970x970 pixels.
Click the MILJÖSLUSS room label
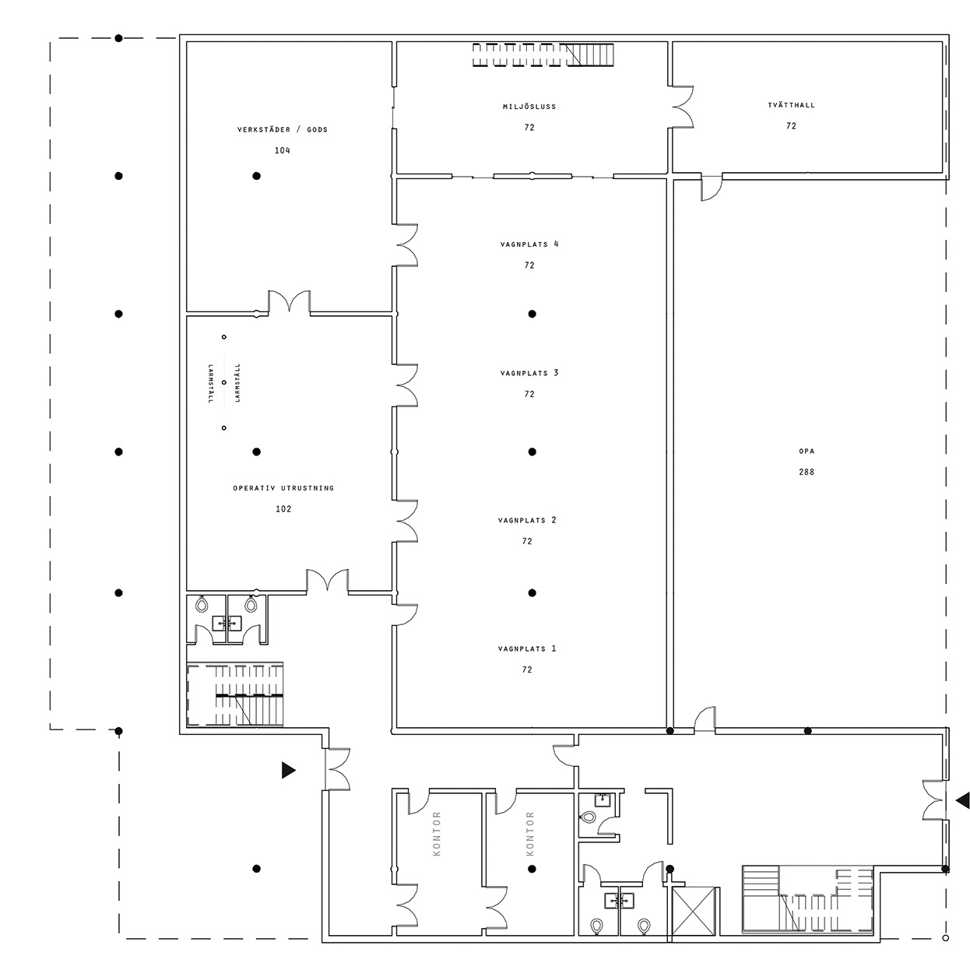click(529, 106)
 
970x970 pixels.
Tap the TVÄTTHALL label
click(791, 104)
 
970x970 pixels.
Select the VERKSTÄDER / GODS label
click(283, 129)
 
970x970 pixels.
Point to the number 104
click(283, 150)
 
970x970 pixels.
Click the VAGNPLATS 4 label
click(529, 244)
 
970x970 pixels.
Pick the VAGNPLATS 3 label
click(529, 373)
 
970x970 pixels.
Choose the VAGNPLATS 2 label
click(527, 520)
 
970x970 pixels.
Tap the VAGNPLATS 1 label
click(527, 648)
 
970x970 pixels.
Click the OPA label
click(807, 451)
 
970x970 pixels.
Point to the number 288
click(807, 472)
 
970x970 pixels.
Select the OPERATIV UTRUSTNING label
click(283, 488)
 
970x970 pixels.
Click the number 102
click(283, 508)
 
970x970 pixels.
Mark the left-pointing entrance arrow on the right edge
click(963, 814)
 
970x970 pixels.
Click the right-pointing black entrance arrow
click(289, 770)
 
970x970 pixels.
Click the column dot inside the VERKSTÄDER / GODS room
click(256, 176)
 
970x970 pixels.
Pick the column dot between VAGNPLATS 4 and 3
click(532, 314)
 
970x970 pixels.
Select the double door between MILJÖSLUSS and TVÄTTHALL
click(683, 107)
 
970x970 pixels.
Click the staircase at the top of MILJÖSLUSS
click(543, 54)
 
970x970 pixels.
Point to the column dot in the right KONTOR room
click(532, 868)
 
